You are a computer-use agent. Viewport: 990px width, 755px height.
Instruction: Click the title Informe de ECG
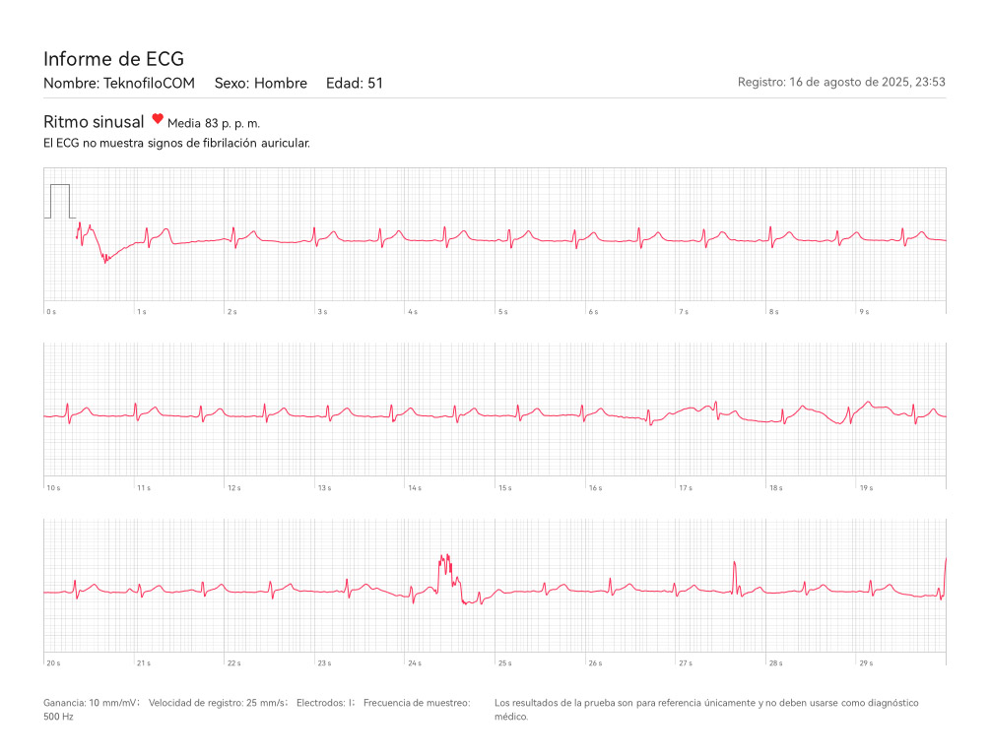pyautogui.click(x=113, y=59)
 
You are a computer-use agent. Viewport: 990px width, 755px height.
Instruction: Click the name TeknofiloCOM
pyautogui.click(x=149, y=84)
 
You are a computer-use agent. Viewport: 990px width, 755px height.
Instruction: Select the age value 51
pyautogui.click(x=375, y=84)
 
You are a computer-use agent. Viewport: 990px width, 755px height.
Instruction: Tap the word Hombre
pyautogui.click(x=281, y=84)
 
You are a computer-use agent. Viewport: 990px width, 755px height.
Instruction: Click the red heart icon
pyautogui.click(x=158, y=119)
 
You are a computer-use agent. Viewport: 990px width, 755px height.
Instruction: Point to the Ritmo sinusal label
pyautogui.click(x=94, y=121)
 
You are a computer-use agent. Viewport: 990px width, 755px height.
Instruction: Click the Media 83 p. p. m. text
pyautogui.click(x=214, y=124)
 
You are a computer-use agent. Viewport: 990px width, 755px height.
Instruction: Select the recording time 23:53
pyautogui.click(x=931, y=83)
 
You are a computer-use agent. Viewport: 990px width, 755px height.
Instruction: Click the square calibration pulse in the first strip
pyautogui.click(x=60, y=200)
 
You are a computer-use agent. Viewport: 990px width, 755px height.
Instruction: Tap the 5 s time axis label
pyautogui.click(x=502, y=312)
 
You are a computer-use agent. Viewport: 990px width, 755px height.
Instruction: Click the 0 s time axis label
pyautogui.click(x=51, y=312)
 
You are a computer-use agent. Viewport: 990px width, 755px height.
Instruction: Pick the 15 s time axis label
pyautogui.click(x=504, y=488)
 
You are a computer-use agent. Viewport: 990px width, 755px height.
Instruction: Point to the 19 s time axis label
pyautogui.click(x=866, y=488)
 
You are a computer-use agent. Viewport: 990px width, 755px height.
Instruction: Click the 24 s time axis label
pyautogui.click(x=414, y=663)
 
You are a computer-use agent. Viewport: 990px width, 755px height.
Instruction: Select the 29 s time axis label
pyautogui.click(x=866, y=663)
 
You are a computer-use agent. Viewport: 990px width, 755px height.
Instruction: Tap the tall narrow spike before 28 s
pyautogui.click(x=735, y=575)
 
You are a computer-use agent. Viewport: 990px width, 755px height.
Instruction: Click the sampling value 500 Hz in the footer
pyautogui.click(x=58, y=718)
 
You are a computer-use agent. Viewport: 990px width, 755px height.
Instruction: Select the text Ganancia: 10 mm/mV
pyautogui.click(x=91, y=703)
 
